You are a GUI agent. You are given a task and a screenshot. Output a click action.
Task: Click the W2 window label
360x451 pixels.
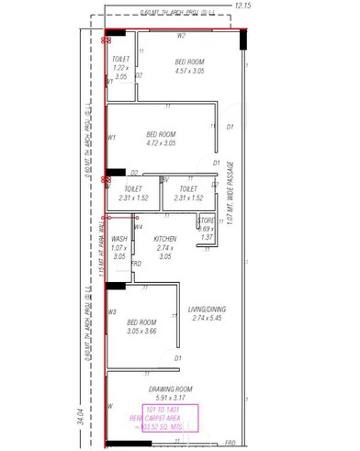click(x=181, y=36)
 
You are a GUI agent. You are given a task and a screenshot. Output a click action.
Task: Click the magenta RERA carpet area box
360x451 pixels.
click(x=171, y=417)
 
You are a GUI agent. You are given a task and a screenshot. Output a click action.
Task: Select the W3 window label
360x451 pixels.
click(x=112, y=312)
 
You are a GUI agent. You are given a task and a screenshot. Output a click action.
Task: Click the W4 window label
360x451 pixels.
click(x=139, y=227)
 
